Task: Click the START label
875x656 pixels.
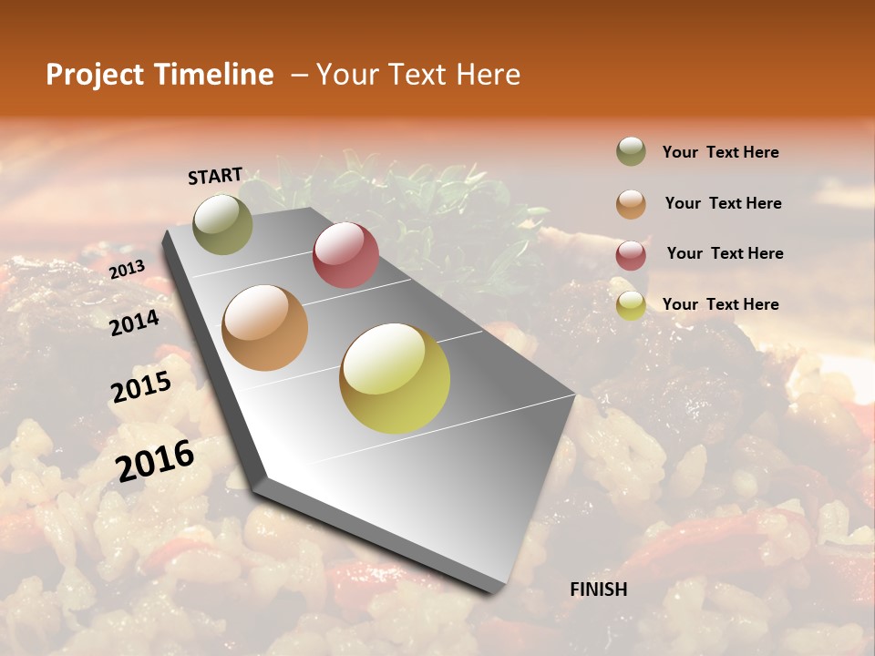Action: (x=215, y=175)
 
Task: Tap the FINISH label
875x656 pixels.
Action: (x=598, y=589)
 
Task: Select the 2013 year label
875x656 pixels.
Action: (x=127, y=270)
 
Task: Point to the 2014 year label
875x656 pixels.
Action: (x=134, y=323)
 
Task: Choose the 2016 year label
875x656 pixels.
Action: (x=155, y=460)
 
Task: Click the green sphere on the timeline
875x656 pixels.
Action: (x=222, y=224)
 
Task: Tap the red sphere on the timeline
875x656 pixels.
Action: (x=345, y=255)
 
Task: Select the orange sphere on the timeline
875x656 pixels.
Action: (x=265, y=328)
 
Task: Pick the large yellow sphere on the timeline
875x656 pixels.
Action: (x=395, y=378)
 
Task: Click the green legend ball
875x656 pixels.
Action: (x=631, y=152)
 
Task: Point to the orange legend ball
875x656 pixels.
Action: (x=631, y=203)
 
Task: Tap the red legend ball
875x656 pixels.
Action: (x=631, y=254)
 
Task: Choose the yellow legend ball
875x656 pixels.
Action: (x=631, y=305)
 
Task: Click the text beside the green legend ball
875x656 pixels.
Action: (x=720, y=153)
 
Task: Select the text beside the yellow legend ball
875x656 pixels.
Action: (x=720, y=304)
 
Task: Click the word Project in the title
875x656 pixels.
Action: (x=94, y=75)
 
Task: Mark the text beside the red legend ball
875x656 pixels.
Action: (x=725, y=253)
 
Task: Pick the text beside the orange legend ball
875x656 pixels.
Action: (x=723, y=203)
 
